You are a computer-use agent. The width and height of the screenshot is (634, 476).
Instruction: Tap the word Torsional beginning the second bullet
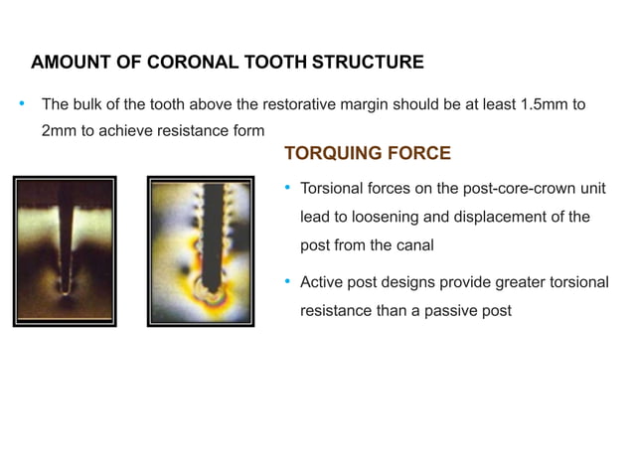coord(333,189)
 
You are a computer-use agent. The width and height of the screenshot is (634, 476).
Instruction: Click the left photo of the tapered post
coord(65,250)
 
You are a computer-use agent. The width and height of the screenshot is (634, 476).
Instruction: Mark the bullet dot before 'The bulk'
coord(20,103)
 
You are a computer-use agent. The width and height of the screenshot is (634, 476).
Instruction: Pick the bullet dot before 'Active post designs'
coord(287,282)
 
